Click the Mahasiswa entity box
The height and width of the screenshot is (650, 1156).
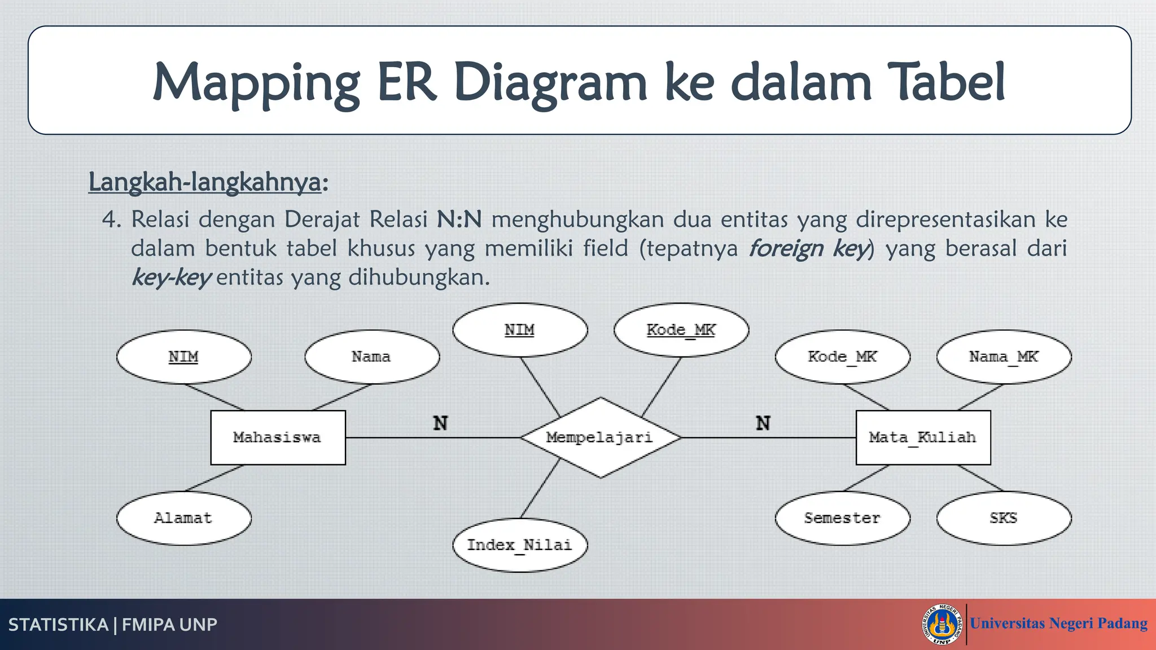click(x=278, y=437)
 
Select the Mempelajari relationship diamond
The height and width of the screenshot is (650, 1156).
click(x=600, y=437)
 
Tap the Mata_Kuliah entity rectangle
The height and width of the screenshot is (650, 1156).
click(x=923, y=437)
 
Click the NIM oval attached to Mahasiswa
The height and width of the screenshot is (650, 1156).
click(x=183, y=357)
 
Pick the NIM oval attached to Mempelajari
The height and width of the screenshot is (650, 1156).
click(x=519, y=330)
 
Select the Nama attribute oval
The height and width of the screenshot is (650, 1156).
click(x=371, y=357)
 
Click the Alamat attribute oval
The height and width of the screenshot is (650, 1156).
click(x=183, y=518)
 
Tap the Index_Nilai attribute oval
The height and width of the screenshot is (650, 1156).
click(x=519, y=545)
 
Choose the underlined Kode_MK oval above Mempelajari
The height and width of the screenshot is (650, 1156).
click(x=681, y=330)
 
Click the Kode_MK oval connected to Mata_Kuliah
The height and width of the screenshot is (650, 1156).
click(x=842, y=357)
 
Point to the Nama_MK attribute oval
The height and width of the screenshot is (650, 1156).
click(x=1004, y=357)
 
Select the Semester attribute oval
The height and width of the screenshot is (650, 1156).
click(x=842, y=518)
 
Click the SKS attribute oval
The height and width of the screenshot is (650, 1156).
click(x=1004, y=518)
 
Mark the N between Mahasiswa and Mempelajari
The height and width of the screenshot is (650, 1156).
click(x=440, y=423)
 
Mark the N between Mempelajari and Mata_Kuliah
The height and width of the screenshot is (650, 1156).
click(x=763, y=423)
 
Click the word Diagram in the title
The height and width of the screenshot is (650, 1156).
click(x=550, y=84)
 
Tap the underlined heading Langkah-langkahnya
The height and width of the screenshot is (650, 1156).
click(x=204, y=182)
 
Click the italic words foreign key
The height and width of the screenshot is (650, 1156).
click(x=808, y=248)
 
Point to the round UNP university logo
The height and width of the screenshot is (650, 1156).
click(x=942, y=624)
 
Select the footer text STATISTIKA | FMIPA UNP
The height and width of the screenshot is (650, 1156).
click(x=113, y=625)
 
